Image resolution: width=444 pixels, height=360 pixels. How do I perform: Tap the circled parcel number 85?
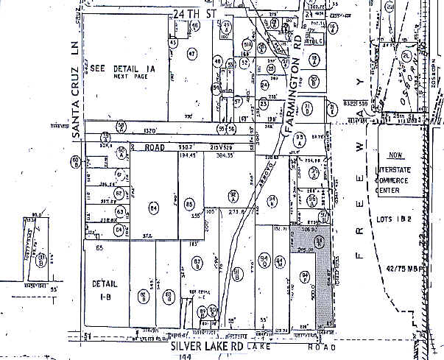pyautogui.click(x=189, y=203)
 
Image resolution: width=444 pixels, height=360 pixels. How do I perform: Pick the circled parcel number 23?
pyautogui.click(x=263, y=105)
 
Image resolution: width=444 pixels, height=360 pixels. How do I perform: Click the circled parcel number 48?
pyautogui.click(x=218, y=62)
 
